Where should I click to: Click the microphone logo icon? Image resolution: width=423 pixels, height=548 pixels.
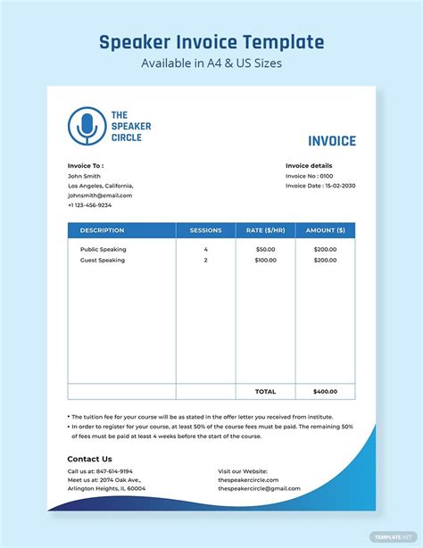tap(86, 126)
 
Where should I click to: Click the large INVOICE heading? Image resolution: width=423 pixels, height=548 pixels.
tap(331, 141)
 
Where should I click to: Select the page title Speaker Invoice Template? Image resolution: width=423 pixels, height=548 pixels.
tap(211, 42)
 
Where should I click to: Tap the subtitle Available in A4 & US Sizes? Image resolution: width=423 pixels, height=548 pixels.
tap(211, 64)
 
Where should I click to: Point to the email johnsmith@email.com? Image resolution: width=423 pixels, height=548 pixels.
tap(100, 195)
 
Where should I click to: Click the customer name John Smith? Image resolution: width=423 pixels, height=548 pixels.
tap(84, 175)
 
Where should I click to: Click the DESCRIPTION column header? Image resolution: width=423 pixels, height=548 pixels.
tap(102, 230)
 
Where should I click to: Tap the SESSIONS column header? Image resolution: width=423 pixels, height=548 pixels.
tap(205, 230)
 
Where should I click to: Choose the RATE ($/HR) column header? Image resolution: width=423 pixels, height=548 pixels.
tap(265, 230)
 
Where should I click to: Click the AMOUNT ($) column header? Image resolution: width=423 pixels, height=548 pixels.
tap(325, 230)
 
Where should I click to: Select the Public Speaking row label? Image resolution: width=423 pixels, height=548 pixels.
tap(103, 249)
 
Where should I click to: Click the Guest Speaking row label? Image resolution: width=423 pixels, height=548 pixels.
tap(102, 260)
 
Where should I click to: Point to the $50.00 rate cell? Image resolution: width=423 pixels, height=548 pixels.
tap(265, 249)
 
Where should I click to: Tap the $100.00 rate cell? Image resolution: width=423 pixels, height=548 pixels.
tap(265, 260)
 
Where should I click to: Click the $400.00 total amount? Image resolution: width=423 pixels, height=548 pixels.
tap(325, 392)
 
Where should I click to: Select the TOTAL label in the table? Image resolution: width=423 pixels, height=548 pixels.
tap(265, 392)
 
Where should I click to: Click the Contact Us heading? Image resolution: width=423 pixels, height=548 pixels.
tap(89, 459)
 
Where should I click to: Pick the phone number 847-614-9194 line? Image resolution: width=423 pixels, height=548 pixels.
tap(100, 471)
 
